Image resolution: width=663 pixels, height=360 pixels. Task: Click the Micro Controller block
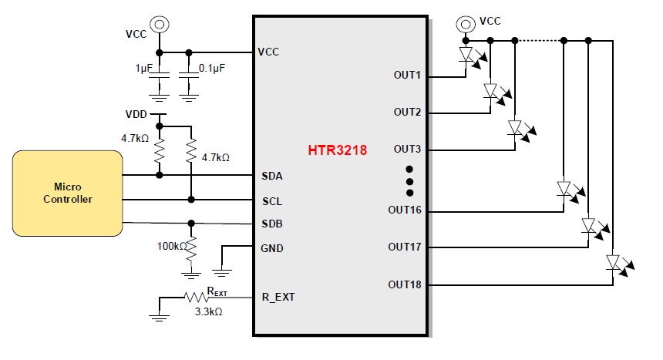pos(67,193)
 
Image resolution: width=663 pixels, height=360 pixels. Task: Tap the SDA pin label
pos(272,176)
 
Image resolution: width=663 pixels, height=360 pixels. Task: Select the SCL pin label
pos(272,200)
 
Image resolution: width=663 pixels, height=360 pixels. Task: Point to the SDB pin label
pos(272,224)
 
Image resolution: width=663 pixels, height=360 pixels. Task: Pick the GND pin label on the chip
pos(273,248)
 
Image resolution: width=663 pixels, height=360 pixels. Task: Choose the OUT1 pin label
pos(407,76)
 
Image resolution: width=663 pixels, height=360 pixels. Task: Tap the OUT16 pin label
pos(405,210)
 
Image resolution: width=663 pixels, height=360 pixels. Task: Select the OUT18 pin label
pos(405,284)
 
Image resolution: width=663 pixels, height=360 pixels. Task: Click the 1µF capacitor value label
pos(144,69)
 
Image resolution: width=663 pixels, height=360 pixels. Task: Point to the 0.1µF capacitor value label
pos(212,69)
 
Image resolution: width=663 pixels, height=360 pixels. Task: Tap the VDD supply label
pos(136,114)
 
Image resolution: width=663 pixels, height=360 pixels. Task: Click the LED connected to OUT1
pos(466,55)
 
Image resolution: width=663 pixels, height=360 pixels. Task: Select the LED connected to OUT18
pos(614,264)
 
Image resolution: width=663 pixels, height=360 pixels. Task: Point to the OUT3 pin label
pos(407,149)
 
